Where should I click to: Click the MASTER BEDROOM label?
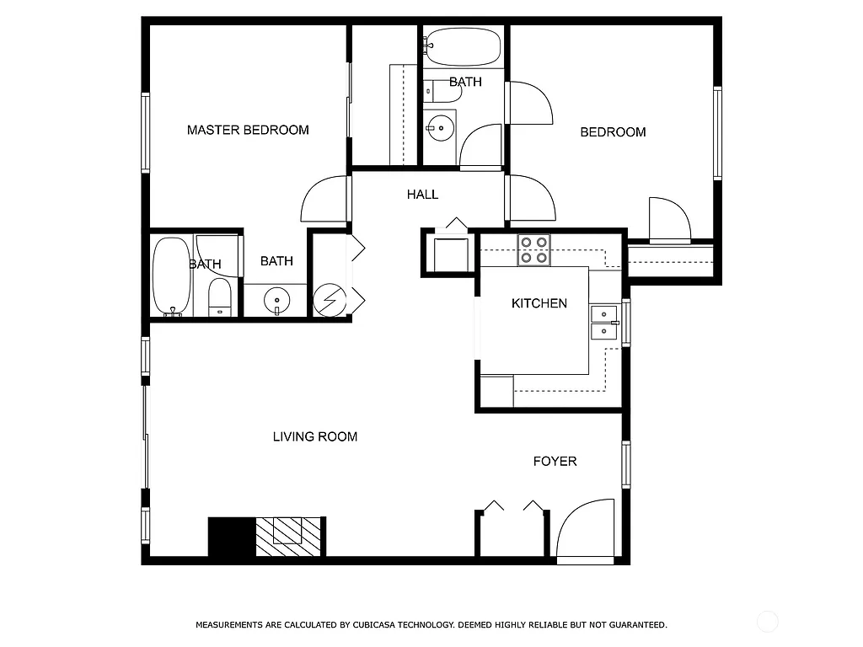(248, 130)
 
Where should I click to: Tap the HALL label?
(422, 195)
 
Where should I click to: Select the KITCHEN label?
(539, 303)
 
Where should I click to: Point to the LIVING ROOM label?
(315, 436)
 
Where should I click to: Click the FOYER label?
(555, 461)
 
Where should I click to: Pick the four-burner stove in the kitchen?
(533, 250)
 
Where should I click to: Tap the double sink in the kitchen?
(603, 323)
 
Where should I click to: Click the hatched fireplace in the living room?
(289, 536)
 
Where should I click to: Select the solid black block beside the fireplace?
(231, 537)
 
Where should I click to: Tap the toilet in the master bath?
(219, 298)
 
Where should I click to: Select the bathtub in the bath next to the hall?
(463, 46)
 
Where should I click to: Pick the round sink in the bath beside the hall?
(439, 129)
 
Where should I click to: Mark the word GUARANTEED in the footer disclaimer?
(637, 625)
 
